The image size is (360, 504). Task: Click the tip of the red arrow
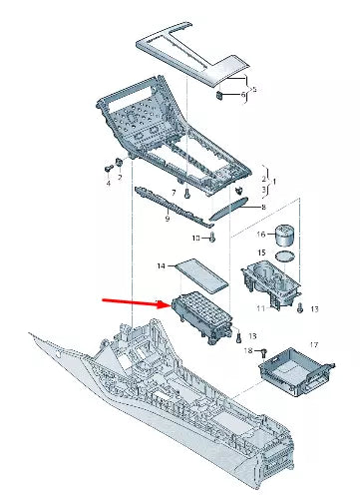click(171, 304)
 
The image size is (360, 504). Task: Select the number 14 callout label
click(162, 266)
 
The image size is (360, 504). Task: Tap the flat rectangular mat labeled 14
click(201, 275)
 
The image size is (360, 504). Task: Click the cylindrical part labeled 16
click(285, 236)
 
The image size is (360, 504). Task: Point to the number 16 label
click(261, 235)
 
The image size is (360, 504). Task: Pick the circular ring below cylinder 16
click(285, 256)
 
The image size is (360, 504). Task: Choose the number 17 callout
click(314, 345)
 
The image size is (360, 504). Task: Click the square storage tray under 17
click(296, 371)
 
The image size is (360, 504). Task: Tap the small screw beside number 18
click(264, 351)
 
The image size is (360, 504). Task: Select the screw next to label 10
click(213, 238)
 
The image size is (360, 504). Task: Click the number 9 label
click(168, 219)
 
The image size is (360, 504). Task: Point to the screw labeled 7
click(186, 194)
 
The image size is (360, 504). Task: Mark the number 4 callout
click(109, 183)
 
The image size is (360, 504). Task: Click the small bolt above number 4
click(108, 169)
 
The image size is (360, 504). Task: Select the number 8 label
click(263, 207)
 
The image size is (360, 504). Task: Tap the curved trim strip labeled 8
click(228, 209)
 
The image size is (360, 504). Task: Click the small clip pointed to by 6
click(219, 96)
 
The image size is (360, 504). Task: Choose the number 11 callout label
click(260, 308)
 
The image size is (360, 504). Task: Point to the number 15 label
click(261, 252)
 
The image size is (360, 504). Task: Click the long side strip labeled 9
click(174, 207)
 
